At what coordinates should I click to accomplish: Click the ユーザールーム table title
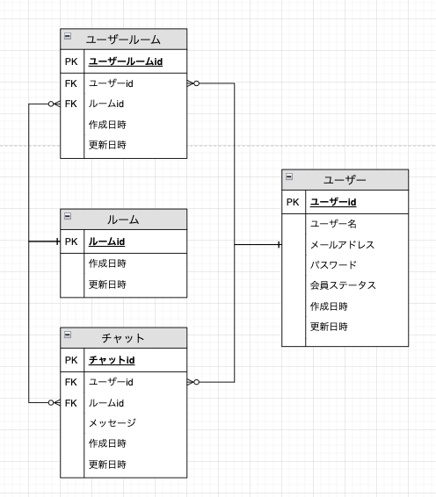tap(123, 40)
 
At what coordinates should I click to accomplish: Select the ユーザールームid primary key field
tap(125, 61)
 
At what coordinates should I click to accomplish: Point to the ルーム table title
tap(123, 220)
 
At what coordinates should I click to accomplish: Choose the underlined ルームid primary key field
tap(106, 241)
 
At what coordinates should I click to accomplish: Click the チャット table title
tap(123, 338)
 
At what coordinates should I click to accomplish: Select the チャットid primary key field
tap(111, 360)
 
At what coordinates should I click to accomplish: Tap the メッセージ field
tap(112, 423)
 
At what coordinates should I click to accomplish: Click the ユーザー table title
tap(345, 179)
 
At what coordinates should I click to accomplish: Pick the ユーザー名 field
tap(334, 224)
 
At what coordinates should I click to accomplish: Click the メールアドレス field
tap(342, 244)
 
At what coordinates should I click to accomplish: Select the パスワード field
tap(334, 264)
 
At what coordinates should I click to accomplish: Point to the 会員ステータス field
tap(343, 285)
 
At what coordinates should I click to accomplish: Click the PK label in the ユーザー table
tap(293, 202)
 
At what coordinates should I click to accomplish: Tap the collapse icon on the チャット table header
tap(68, 335)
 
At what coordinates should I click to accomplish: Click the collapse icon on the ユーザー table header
tap(289, 176)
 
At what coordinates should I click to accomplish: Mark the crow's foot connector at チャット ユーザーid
tap(193, 382)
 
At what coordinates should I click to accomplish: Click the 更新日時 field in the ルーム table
tap(107, 285)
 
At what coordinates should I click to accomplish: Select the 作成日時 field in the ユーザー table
tap(329, 306)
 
